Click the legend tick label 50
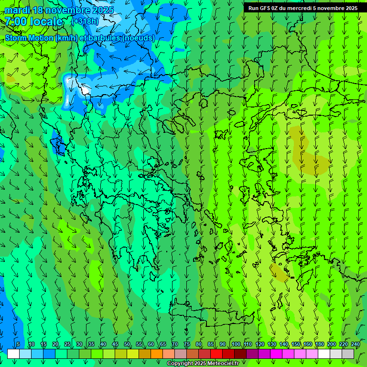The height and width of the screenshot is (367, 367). (127, 344)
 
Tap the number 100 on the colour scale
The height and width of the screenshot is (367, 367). (236, 344)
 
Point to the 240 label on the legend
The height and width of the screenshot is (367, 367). (356, 344)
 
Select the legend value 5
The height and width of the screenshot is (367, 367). (18, 344)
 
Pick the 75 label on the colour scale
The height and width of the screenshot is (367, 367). (187, 344)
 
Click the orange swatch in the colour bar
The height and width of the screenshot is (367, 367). (157, 354)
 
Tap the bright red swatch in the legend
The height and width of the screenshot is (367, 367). (216, 354)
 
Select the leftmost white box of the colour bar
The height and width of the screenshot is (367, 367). (13, 354)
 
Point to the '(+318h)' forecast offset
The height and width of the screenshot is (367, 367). (86, 22)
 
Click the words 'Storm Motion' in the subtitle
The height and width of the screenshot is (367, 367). (29, 38)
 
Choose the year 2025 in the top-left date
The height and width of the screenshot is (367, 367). (101, 10)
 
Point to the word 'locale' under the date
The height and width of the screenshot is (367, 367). (48, 22)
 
